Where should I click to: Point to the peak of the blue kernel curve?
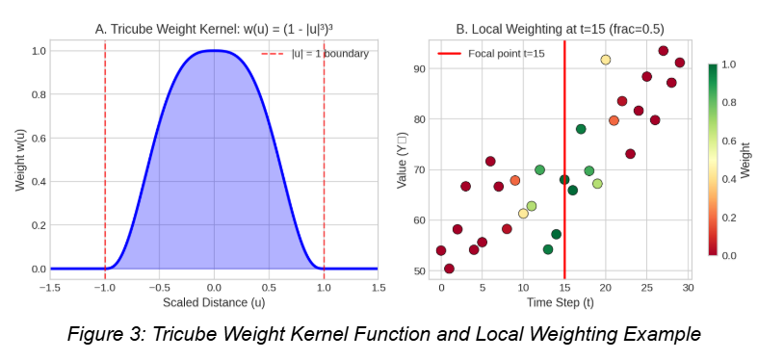point(214,51)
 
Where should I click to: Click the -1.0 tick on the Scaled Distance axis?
point(104,287)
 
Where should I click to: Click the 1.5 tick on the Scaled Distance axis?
point(379,287)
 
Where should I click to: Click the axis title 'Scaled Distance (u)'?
point(214,302)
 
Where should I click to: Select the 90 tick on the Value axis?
point(418,69)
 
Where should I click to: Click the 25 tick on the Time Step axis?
point(646,287)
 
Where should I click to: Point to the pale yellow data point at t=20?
point(606,60)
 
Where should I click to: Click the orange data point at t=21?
point(614,120)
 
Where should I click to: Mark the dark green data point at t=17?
point(581,129)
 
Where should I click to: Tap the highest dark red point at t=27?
point(663,51)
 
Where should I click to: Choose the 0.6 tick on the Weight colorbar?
point(728,141)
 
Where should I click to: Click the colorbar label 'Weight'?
point(746,160)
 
